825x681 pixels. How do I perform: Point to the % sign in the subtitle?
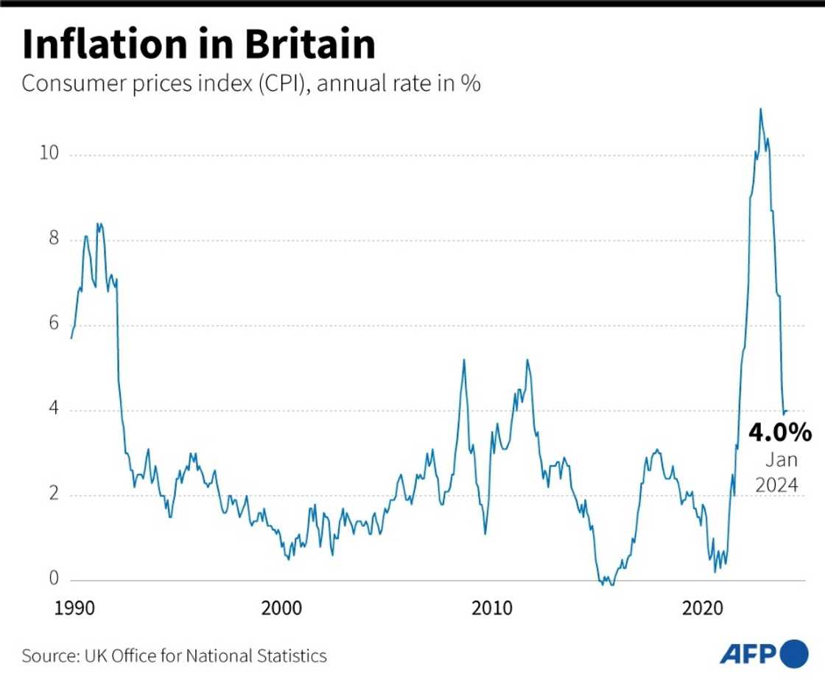[x=471, y=84]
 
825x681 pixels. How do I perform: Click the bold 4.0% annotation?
[x=780, y=432]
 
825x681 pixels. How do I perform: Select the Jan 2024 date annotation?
[x=781, y=473]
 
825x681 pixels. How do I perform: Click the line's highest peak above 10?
[x=760, y=110]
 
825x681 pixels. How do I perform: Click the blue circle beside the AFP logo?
[x=793, y=654]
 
